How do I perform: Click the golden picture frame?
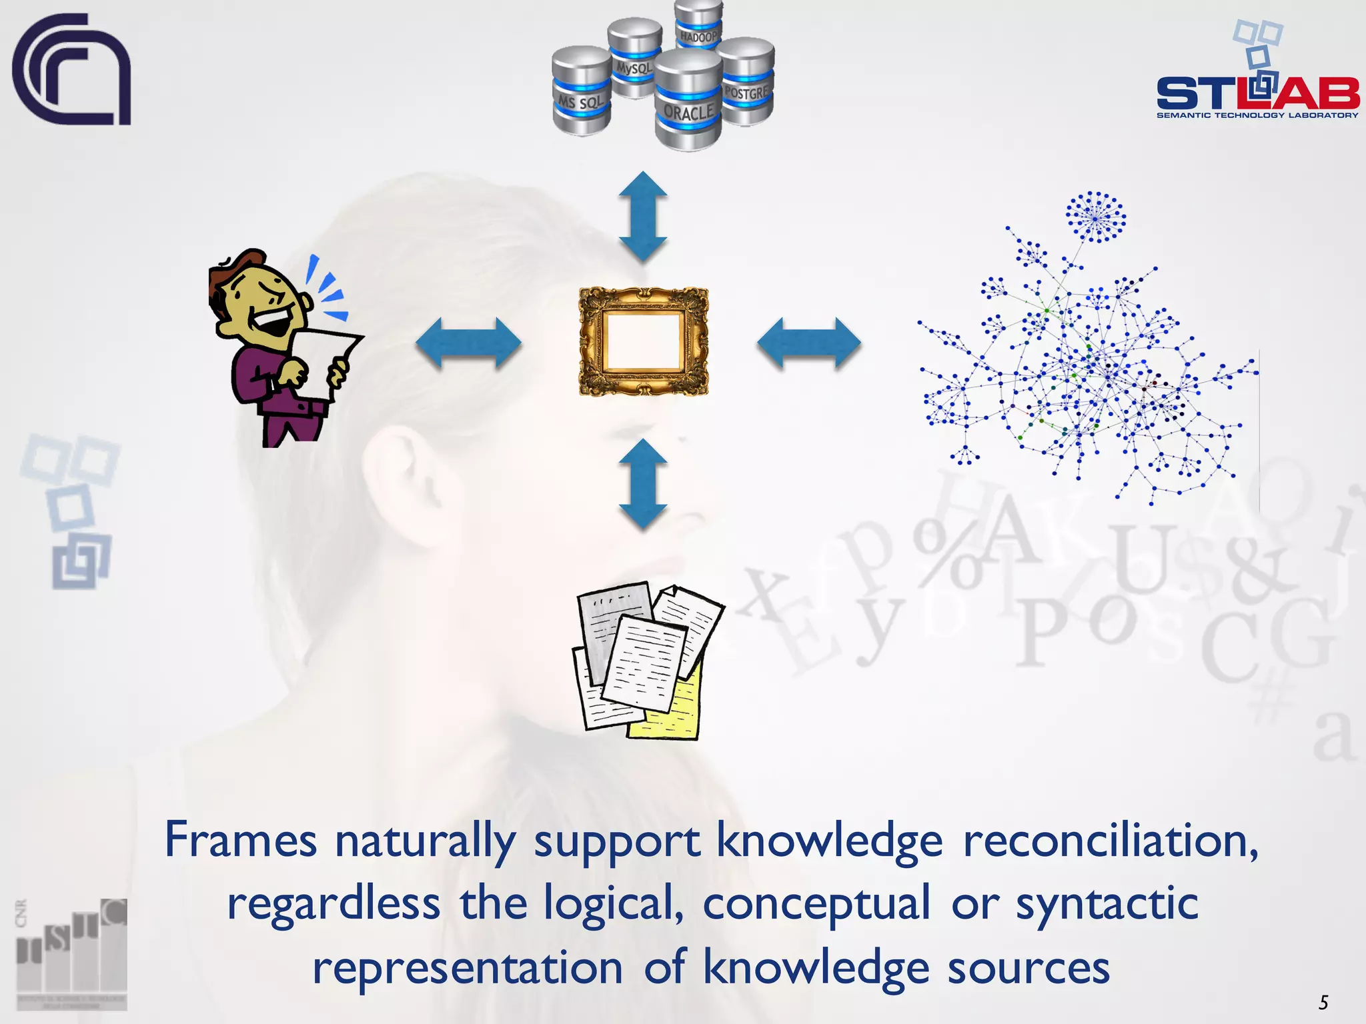(x=643, y=342)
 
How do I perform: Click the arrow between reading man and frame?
(x=468, y=343)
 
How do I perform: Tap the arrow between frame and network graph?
(x=808, y=343)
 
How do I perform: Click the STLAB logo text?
(x=1257, y=93)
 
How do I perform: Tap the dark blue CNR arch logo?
(x=70, y=70)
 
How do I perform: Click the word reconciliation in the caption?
(x=1111, y=840)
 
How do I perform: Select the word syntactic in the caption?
(x=1107, y=904)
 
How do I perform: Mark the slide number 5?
(x=1323, y=1002)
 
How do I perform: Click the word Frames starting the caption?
(x=240, y=840)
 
